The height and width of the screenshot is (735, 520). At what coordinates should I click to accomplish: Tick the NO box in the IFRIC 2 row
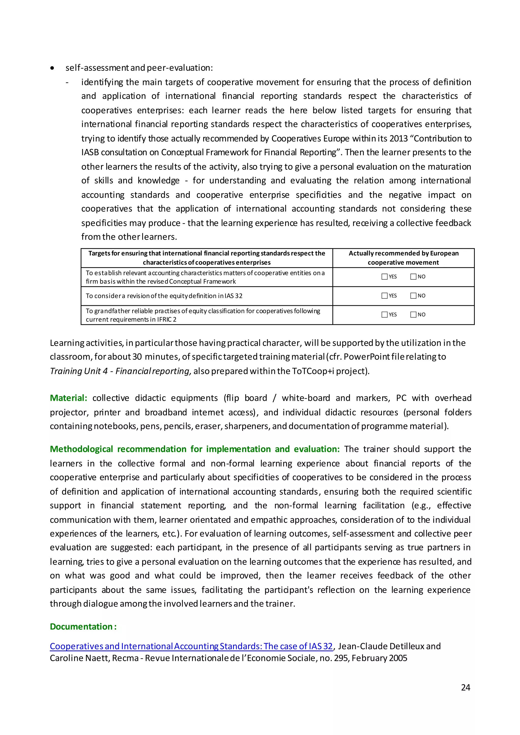(x=413, y=314)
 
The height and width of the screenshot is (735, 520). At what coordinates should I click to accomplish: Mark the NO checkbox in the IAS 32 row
(x=413, y=295)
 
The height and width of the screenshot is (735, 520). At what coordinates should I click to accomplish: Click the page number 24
(x=465, y=687)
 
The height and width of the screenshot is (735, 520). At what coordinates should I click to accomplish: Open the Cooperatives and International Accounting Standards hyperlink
(x=191, y=646)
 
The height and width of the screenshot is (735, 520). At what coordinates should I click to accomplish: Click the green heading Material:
(x=69, y=398)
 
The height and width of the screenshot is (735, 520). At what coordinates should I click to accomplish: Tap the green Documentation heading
(x=83, y=626)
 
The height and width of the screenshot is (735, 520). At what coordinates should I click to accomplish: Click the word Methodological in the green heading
(x=81, y=449)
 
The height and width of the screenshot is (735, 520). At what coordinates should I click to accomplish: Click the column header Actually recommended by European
(x=403, y=253)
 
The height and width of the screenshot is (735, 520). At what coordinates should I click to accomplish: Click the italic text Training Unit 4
(x=79, y=371)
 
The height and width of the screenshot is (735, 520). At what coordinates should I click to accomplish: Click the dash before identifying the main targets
(x=67, y=82)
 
